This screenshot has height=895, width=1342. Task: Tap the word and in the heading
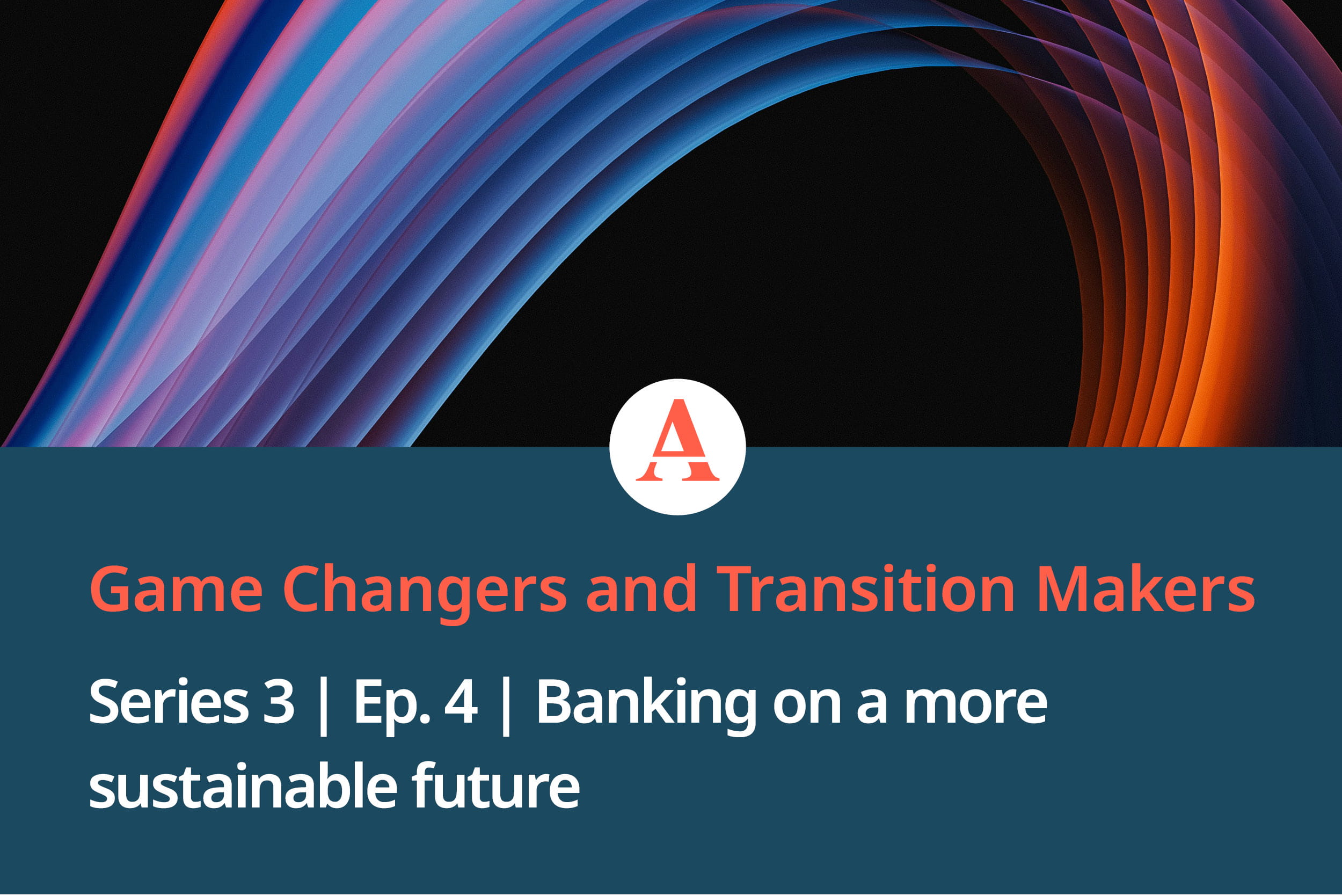641,588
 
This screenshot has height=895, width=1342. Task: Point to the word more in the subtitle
976,708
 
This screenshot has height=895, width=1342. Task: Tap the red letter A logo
677,440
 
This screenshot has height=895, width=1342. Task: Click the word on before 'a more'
806,708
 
